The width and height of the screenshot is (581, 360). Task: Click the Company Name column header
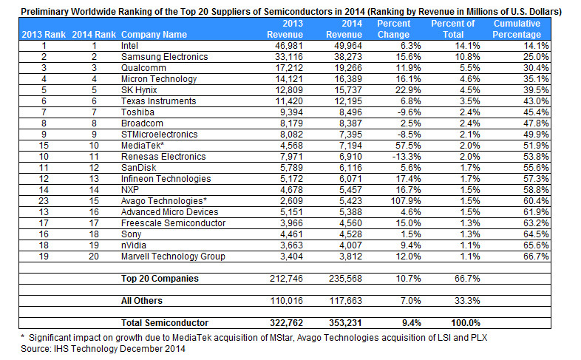tap(154, 35)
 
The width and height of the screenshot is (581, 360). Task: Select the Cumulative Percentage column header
tap(517, 29)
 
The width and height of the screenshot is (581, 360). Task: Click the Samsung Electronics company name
tap(165, 57)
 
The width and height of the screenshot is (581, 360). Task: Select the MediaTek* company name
tap(142, 146)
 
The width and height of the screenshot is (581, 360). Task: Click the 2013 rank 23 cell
tap(44, 201)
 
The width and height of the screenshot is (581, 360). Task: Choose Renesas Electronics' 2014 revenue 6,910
tap(350, 157)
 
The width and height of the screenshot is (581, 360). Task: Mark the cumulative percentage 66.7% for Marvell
tap(536, 257)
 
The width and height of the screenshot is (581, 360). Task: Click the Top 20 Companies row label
tap(160, 279)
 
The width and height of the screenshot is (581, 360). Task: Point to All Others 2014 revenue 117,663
tap(345, 301)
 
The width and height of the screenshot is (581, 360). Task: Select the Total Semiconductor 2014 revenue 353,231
tap(345, 323)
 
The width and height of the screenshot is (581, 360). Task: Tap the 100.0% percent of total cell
tap(466, 323)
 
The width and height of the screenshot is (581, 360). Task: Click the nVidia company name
tap(133, 245)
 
